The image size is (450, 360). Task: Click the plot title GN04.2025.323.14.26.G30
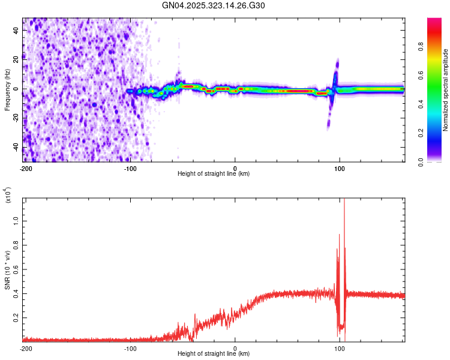[214, 5]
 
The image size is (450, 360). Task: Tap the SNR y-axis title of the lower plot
[7, 270]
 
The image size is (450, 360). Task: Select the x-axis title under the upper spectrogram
[214, 174]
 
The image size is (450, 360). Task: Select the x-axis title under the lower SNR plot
[214, 354]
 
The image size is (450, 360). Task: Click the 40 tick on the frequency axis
[17, 29]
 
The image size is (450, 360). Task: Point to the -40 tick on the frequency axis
[16, 148]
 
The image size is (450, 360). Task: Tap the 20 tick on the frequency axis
[17, 59]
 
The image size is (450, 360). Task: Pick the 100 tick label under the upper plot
[340, 168]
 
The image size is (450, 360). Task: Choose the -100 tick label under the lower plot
[130, 348]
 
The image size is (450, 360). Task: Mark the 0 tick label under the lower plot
[235, 348]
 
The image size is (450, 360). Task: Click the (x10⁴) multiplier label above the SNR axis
[8, 197]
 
